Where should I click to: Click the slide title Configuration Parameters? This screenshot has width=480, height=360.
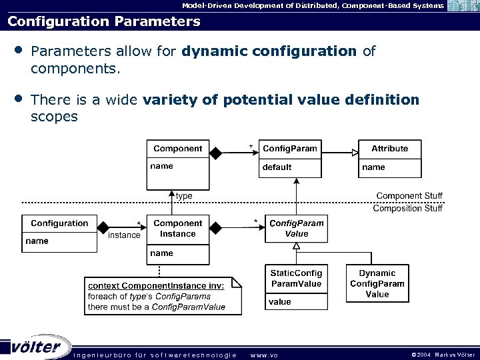click(103, 21)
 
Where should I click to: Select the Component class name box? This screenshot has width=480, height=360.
click(177, 149)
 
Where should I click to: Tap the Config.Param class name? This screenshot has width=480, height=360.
click(290, 149)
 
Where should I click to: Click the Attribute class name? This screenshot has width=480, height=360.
click(389, 149)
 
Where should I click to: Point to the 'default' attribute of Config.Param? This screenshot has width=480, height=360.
click(277, 167)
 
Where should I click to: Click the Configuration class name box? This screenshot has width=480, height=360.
click(59, 223)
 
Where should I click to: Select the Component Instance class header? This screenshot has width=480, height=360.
click(177, 229)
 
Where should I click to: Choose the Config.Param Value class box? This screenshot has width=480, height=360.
click(297, 229)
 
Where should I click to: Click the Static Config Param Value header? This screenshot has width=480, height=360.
click(296, 279)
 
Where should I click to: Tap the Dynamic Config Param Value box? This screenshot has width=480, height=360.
click(377, 283)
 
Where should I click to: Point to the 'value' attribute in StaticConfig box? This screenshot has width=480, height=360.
click(280, 302)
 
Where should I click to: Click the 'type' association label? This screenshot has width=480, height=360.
click(184, 196)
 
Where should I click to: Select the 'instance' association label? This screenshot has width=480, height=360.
click(124, 235)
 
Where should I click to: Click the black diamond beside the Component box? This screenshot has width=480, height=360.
click(215, 153)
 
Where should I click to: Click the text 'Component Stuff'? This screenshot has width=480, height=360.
click(409, 196)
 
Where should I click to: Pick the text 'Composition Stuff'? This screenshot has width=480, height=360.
click(407, 208)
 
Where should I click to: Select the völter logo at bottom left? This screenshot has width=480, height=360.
click(37, 347)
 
